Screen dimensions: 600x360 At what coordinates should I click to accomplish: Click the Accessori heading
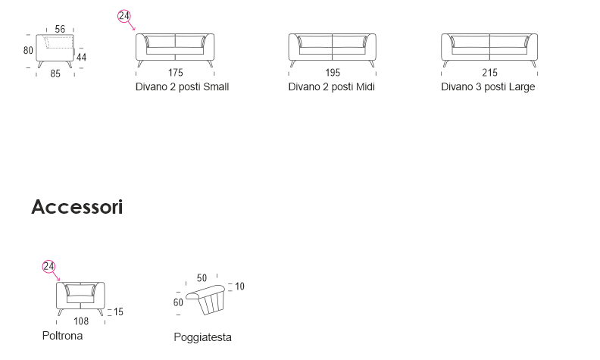pyautogui.click(x=77, y=207)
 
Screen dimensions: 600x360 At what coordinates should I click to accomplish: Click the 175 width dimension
pyautogui.click(x=176, y=74)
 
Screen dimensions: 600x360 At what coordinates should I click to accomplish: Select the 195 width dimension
pyautogui.click(x=333, y=74)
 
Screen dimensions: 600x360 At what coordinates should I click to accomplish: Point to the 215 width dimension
pyautogui.click(x=489, y=74)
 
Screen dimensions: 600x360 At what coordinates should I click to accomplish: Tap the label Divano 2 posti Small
pyautogui.click(x=182, y=87)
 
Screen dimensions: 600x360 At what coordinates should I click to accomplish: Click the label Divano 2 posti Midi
pyautogui.click(x=332, y=87)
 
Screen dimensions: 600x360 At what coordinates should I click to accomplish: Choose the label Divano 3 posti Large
pyautogui.click(x=488, y=87)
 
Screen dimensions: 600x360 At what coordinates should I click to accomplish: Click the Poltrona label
pyautogui.click(x=62, y=335)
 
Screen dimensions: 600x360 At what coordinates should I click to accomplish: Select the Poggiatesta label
pyautogui.click(x=202, y=337)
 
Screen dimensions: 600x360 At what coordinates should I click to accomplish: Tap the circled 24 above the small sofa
pyautogui.click(x=124, y=17)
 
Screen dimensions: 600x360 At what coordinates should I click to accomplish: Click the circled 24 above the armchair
pyautogui.click(x=48, y=266)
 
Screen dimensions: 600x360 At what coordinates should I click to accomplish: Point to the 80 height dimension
pyautogui.click(x=28, y=51)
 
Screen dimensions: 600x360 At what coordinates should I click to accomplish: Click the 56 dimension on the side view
pyautogui.click(x=60, y=29)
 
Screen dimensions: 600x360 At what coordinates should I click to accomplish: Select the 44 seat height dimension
pyautogui.click(x=81, y=58)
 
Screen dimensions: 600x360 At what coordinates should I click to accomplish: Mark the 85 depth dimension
pyautogui.click(x=55, y=74)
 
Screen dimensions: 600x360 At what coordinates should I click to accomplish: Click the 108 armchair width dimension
pyautogui.click(x=81, y=321)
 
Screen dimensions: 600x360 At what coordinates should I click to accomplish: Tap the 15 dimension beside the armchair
pyautogui.click(x=118, y=311)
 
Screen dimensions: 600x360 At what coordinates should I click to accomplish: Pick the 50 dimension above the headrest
pyautogui.click(x=202, y=278)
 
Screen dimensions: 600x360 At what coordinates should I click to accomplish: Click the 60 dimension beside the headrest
pyautogui.click(x=178, y=302)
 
